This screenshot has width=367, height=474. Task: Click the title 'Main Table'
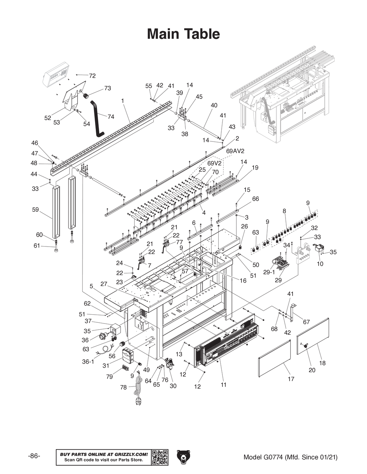click(x=183, y=34)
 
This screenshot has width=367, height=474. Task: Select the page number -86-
click(x=34, y=456)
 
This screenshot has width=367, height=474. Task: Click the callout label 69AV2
click(x=235, y=151)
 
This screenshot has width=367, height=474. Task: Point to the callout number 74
click(x=111, y=116)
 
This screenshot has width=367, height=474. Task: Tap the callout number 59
click(x=35, y=210)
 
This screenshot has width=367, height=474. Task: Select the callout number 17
click(x=291, y=379)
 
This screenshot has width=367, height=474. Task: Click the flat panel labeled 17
click(x=274, y=358)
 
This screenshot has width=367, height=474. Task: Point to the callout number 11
click(x=224, y=385)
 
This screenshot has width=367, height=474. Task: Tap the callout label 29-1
click(x=269, y=273)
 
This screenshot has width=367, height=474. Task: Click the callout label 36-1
click(x=88, y=362)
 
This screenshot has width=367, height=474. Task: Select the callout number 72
click(x=92, y=76)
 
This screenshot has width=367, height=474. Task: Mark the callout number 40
click(x=214, y=105)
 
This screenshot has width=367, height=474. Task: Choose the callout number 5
click(x=91, y=286)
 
